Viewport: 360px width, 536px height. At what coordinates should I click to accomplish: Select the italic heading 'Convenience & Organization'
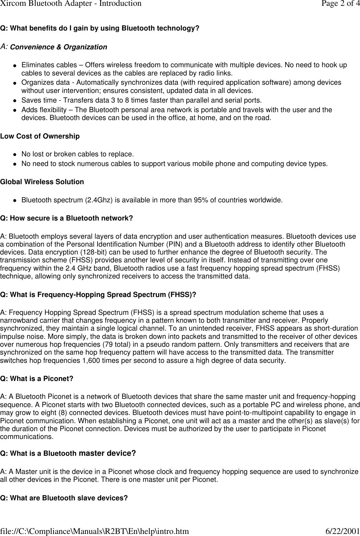pyautogui.click(x=59, y=47)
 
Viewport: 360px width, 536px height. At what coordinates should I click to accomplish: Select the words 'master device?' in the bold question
pyautogui.click(x=107, y=454)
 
